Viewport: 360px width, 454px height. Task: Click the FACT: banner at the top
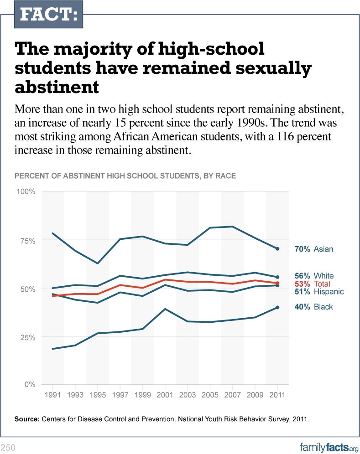pyautogui.click(x=49, y=15)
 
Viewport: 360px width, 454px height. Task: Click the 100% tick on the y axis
pyautogui.click(x=26, y=191)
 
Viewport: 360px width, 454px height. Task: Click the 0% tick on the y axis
pyautogui.click(x=30, y=385)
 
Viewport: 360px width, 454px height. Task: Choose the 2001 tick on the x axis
pyautogui.click(x=165, y=395)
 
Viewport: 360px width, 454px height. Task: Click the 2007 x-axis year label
pyautogui.click(x=232, y=395)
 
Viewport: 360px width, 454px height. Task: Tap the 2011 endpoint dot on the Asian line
pyautogui.click(x=277, y=249)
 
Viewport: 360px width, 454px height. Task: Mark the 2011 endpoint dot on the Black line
pyautogui.click(x=277, y=307)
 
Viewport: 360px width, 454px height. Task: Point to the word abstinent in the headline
pyautogui.click(x=57, y=87)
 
